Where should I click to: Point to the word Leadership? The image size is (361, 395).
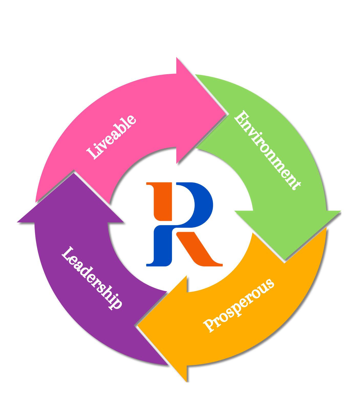91,278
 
